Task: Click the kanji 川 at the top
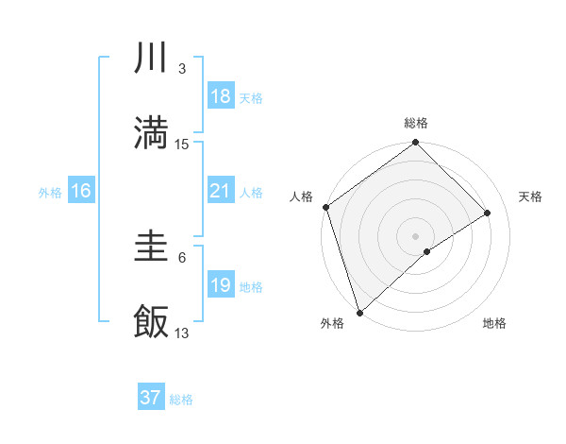151,59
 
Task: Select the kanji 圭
151,247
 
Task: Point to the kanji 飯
151,320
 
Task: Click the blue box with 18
221,96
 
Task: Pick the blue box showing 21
221,191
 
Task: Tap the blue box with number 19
221,285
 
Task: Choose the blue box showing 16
81,191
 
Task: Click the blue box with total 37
151,398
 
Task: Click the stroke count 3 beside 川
181,69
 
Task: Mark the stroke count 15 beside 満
182,144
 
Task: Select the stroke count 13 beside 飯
182,333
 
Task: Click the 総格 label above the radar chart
416,123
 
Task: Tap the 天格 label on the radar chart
530,196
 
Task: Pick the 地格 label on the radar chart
494,323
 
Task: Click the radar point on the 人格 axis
325,207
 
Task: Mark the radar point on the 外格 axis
358,312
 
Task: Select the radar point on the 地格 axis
427,251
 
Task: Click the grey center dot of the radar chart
416,235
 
